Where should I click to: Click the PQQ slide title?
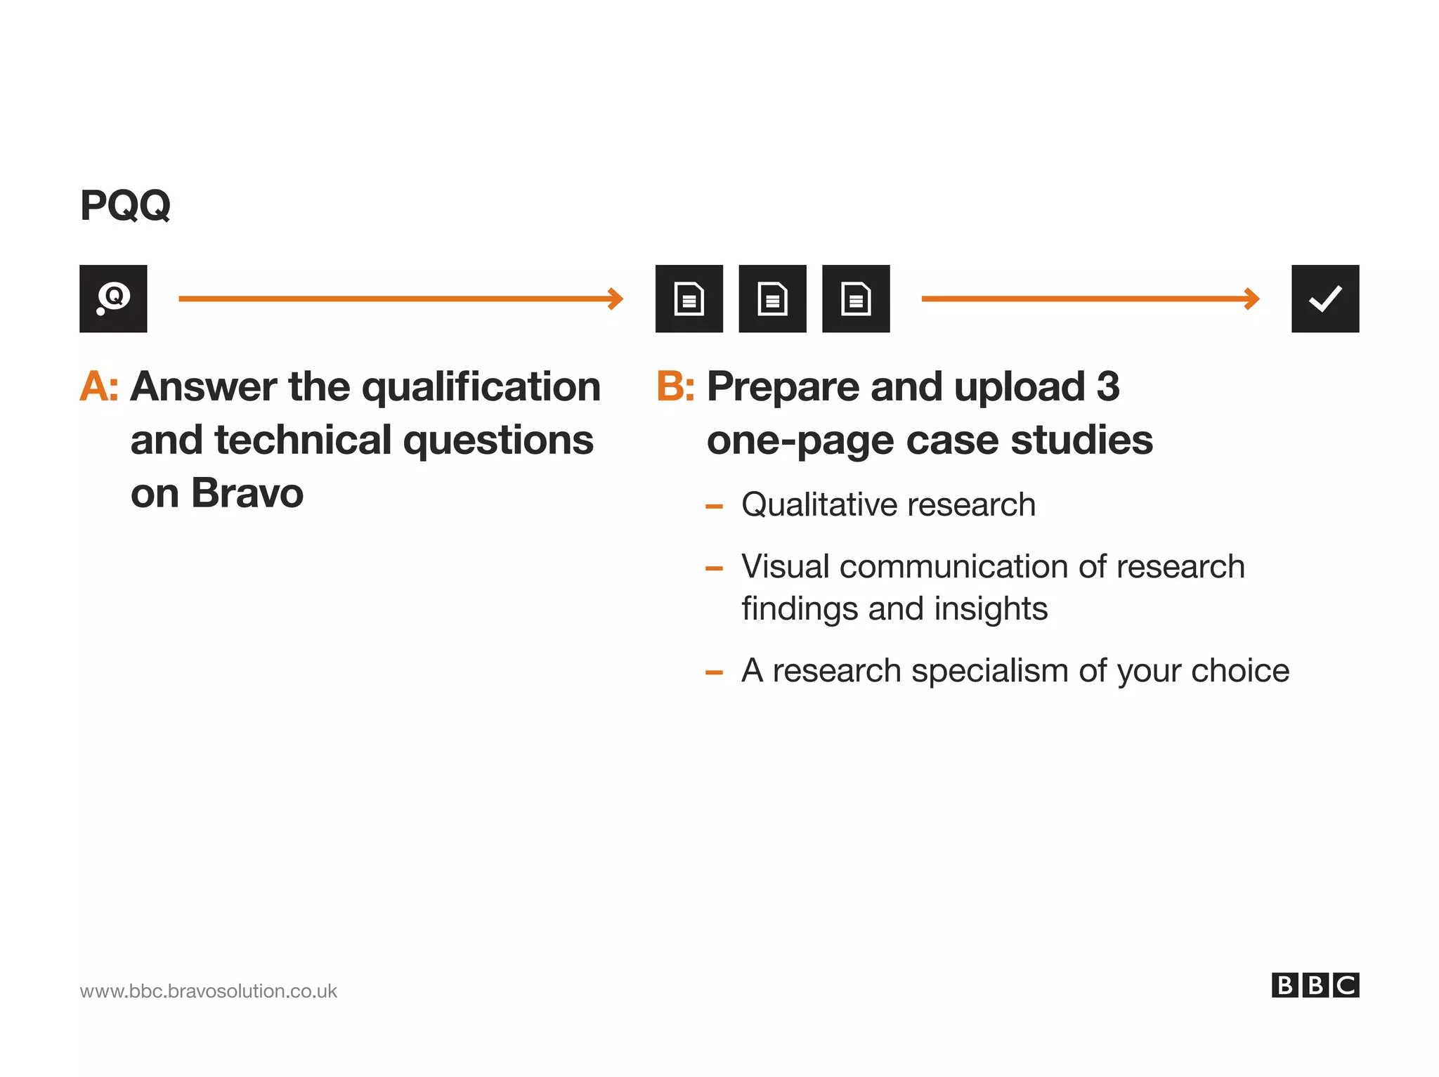[125, 205]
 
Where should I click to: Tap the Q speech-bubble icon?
[113, 299]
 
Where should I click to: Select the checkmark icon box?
[1324, 299]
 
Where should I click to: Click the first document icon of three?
[689, 299]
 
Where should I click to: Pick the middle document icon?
[772, 299]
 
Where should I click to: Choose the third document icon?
[855, 299]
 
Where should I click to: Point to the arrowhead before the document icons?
[616, 299]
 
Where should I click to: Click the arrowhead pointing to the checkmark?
[1252, 299]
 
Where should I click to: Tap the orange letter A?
[99, 386]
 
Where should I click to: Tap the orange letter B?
[675, 386]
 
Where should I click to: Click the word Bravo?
[247, 493]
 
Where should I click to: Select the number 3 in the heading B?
[1107, 386]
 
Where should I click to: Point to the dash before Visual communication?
[714, 568]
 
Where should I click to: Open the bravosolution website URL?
[208, 991]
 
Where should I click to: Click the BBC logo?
[1315, 985]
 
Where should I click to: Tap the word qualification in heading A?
[481, 388]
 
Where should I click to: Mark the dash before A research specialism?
[714, 672]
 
